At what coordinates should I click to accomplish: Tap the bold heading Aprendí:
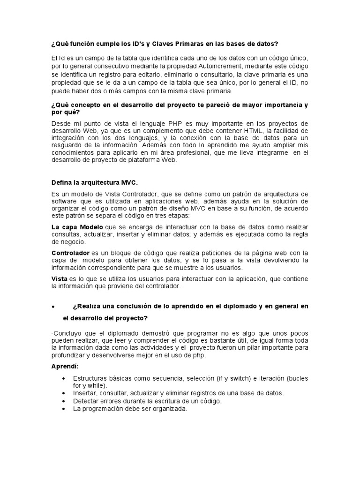click(65, 366)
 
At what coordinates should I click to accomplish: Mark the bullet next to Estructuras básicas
click(64, 378)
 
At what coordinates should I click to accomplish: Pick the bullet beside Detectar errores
click(64, 401)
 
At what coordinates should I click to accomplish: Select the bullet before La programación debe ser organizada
click(64, 408)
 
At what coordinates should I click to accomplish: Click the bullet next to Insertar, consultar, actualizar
click(64, 393)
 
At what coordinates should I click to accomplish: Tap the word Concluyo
click(68, 333)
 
